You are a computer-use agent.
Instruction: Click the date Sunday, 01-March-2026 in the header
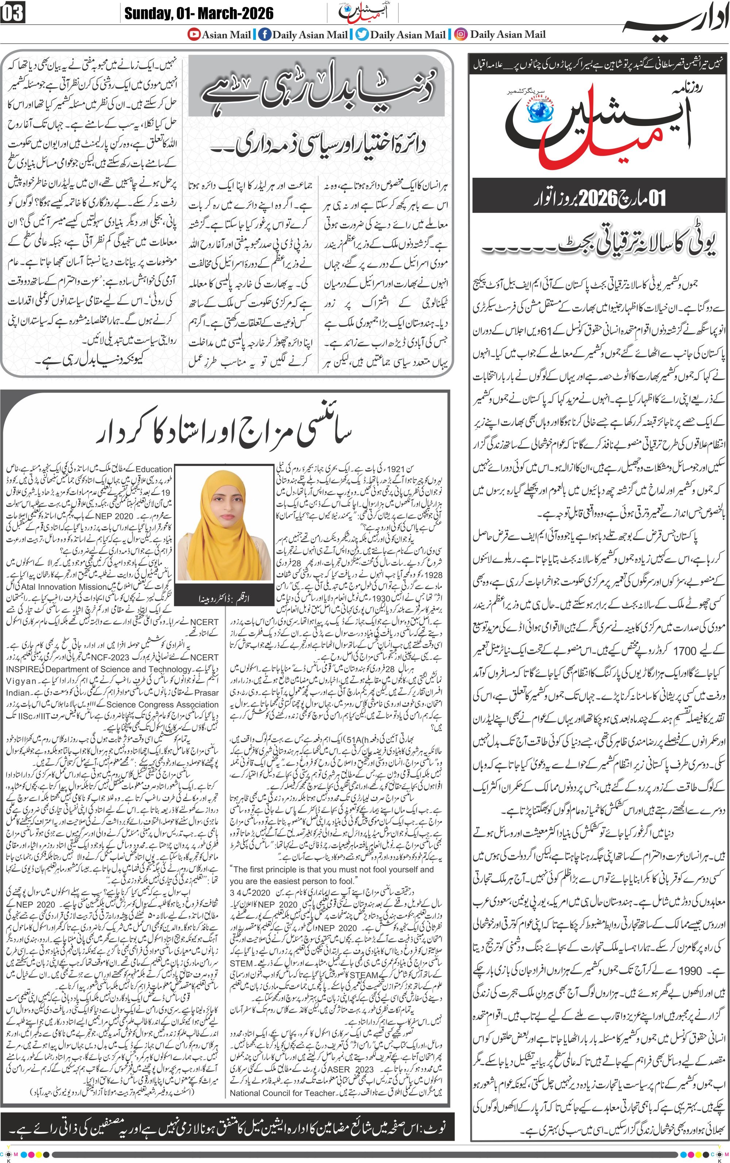(x=199, y=13)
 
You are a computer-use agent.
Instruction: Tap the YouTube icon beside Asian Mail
(x=194, y=34)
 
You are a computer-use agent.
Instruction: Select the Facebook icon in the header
(x=265, y=34)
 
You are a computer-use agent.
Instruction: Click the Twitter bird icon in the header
(x=362, y=34)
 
